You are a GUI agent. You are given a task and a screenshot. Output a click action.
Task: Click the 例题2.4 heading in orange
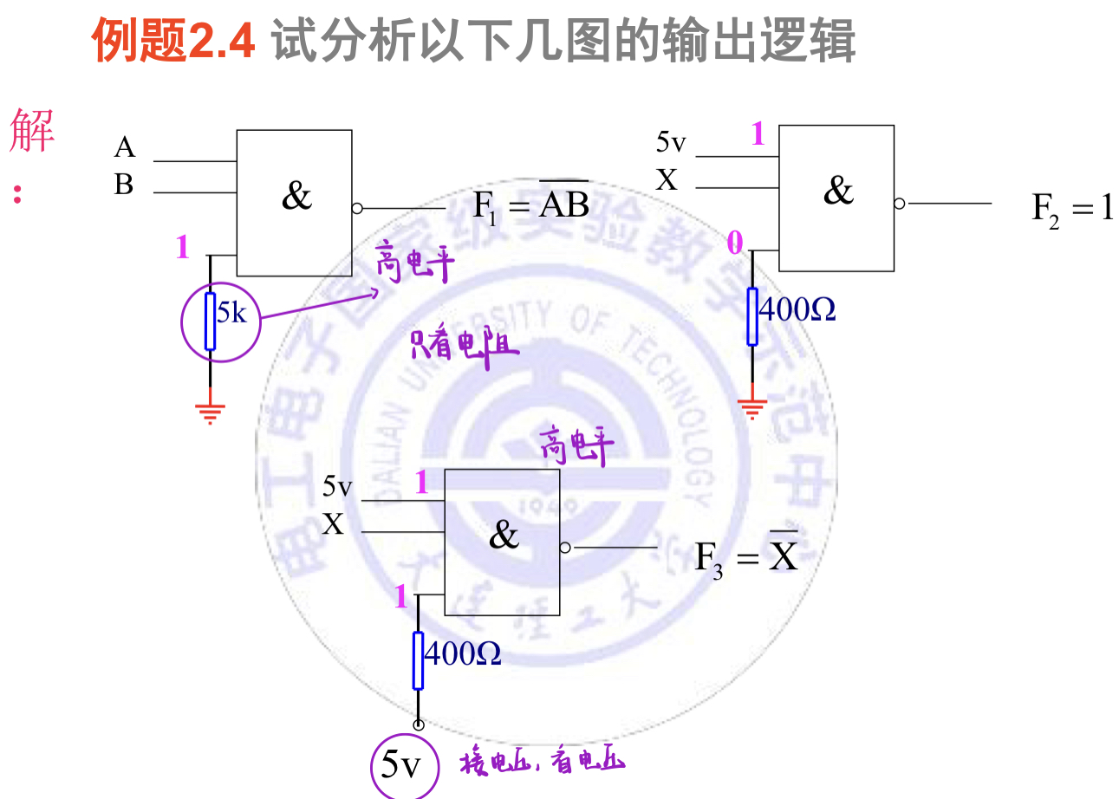pyautogui.click(x=173, y=41)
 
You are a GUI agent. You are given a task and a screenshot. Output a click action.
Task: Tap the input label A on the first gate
pyautogui.click(x=125, y=148)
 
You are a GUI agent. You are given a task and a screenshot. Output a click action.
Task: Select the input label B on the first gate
pyautogui.click(x=124, y=185)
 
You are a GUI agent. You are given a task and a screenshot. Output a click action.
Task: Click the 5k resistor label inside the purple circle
pyautogui.click(x=231, y=314)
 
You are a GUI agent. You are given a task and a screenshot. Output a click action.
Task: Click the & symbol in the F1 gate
pyautogui.click(x=296, y=197)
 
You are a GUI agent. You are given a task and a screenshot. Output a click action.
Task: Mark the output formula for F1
pyautogui.click(x=530, y=204)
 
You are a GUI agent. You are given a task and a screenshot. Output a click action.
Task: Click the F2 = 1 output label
pyautogui.click(x=1071, y=209)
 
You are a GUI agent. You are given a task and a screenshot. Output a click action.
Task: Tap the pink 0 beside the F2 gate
pyautogui.click(x=734, y=244)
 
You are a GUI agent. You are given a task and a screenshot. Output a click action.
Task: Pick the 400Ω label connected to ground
pyautogui.click(x=797, y=309)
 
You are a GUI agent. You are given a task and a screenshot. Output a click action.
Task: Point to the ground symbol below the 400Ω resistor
pyautogui.click(x=752, y=406)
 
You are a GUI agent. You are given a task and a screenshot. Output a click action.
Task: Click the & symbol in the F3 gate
pyautogui.click(x=504, y=536)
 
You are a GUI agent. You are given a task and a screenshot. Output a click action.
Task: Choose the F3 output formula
pyautogui.click(x=746, y=555)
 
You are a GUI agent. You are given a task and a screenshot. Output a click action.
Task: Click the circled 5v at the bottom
pyautogui.click(x=400, y=765)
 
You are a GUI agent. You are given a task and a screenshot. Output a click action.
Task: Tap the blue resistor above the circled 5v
pyautogui.click(x=418, y=660)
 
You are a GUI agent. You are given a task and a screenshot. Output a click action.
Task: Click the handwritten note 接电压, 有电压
pyautogui.click(x=542, y=762)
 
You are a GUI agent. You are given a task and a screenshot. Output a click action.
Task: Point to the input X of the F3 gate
pyautogui.click(x=334, y=524)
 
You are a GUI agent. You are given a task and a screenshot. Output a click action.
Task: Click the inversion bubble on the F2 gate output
pyautogui.click(x=899, y=204)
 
